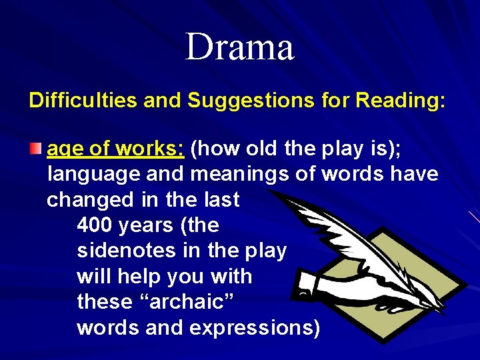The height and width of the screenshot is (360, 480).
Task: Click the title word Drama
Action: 239,47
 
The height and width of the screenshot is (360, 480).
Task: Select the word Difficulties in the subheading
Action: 83,101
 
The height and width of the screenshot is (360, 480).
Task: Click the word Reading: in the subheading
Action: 401,101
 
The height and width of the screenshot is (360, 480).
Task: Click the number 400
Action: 94,225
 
